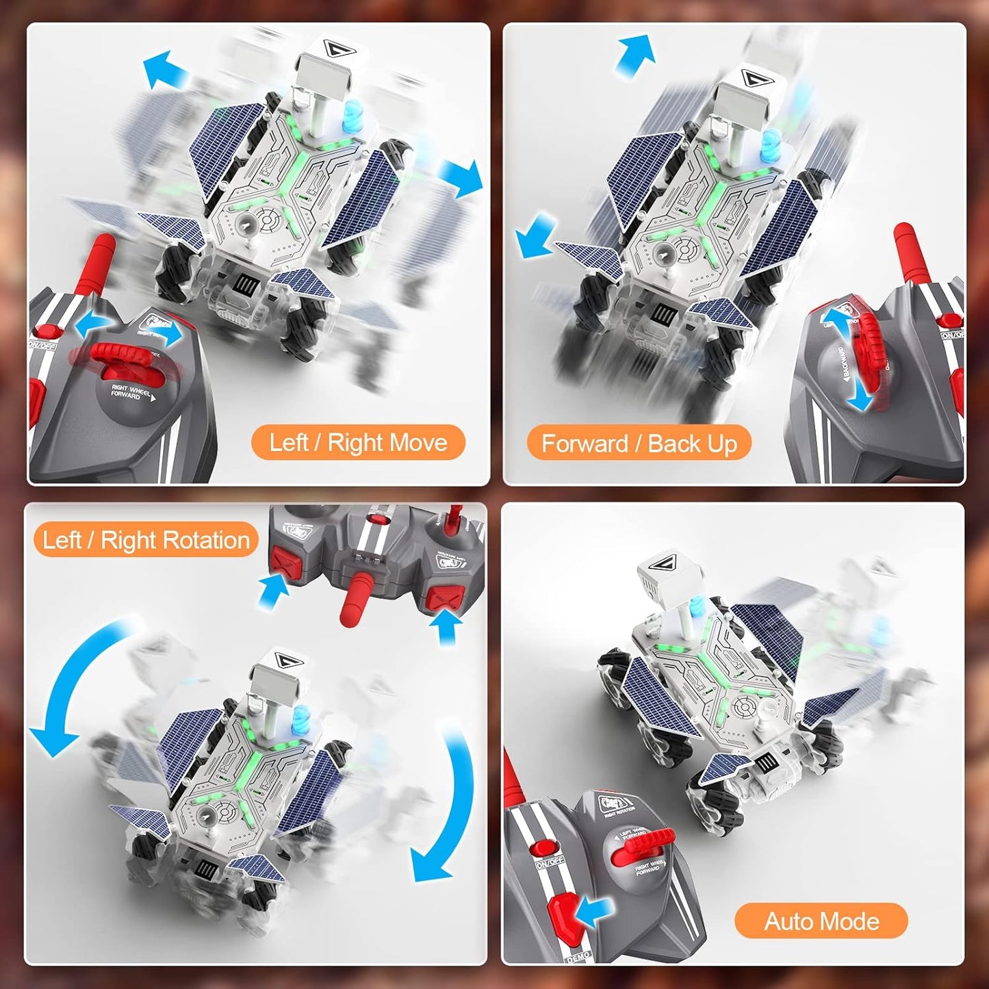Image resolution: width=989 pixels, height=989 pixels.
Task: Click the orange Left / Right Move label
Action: coord(358,443)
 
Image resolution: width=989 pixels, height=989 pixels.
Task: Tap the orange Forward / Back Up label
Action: coord(639,444)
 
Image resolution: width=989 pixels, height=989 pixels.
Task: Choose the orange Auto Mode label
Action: coord(821,921)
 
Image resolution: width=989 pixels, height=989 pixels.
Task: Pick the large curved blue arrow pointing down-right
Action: coord(445,808)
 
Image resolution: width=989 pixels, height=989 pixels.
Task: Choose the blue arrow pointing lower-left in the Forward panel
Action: coord(536,235)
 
